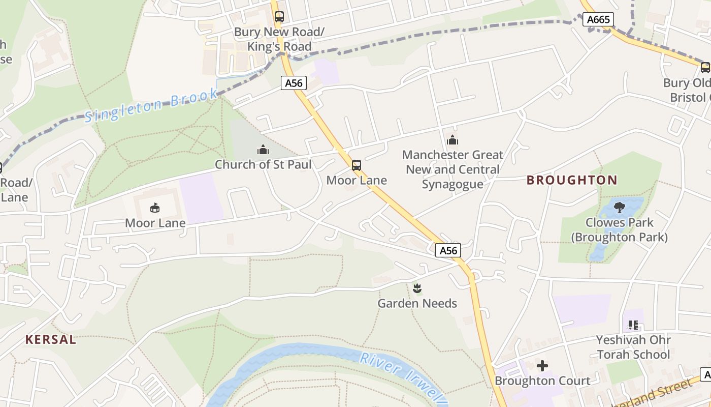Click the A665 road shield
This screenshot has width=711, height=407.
tap(598, 20)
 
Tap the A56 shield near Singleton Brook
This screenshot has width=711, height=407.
tap(294, 83)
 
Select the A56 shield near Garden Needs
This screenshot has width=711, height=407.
tap(448, 250)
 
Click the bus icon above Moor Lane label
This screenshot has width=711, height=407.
tap(357, 165)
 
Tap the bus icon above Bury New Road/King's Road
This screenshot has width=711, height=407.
tap(279, 17)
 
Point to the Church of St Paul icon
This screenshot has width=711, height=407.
tap(263, 150)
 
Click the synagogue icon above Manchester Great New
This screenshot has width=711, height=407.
tap(452, 140)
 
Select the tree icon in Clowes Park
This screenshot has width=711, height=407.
tap(619, 208)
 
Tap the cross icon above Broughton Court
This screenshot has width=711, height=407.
tap(542, 366)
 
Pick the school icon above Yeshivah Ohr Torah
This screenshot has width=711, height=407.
tap(633, 325)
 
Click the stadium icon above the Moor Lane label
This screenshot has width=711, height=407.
tap(155, 208)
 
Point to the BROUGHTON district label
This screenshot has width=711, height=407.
tap(572, 180)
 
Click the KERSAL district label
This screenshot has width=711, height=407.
tap(51, 340)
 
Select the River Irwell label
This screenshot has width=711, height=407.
tap(403, 377)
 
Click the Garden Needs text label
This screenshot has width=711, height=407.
tap(417, 304)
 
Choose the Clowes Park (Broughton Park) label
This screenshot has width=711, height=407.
tap(619, 230)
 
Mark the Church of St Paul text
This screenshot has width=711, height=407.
tap(263, 165)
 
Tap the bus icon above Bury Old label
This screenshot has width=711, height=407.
tap(705, 67)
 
